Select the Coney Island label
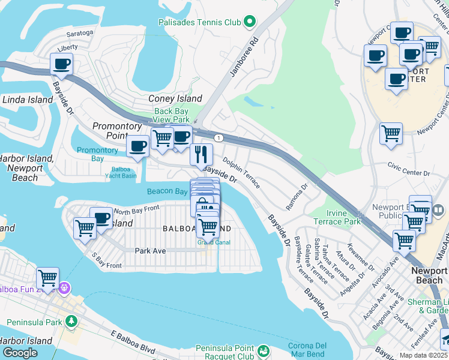click(175, 98)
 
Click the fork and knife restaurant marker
click(201, 154)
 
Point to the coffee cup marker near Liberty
click(61, 64)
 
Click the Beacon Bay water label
click(167, 191)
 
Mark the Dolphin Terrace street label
click(241, 173)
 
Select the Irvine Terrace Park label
click(335, 217)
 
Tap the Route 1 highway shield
click(218, 138)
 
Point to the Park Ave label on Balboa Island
click(150, 251)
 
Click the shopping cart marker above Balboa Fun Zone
click(47, 278)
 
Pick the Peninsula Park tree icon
click(71, 322)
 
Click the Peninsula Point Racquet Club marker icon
click(262, 350)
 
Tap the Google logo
click(20, 353)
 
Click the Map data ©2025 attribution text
click(423, 355)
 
